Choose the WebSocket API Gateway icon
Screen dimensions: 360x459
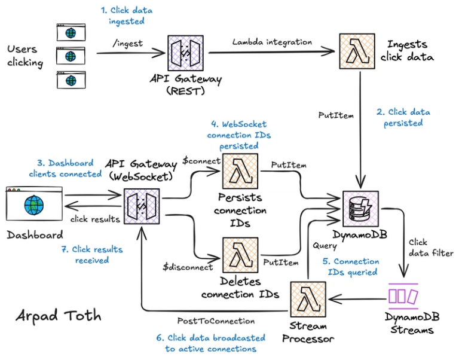tap(142, 207)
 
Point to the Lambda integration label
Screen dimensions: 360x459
tap(272, 42)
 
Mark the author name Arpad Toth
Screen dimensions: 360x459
tap(59, 315)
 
